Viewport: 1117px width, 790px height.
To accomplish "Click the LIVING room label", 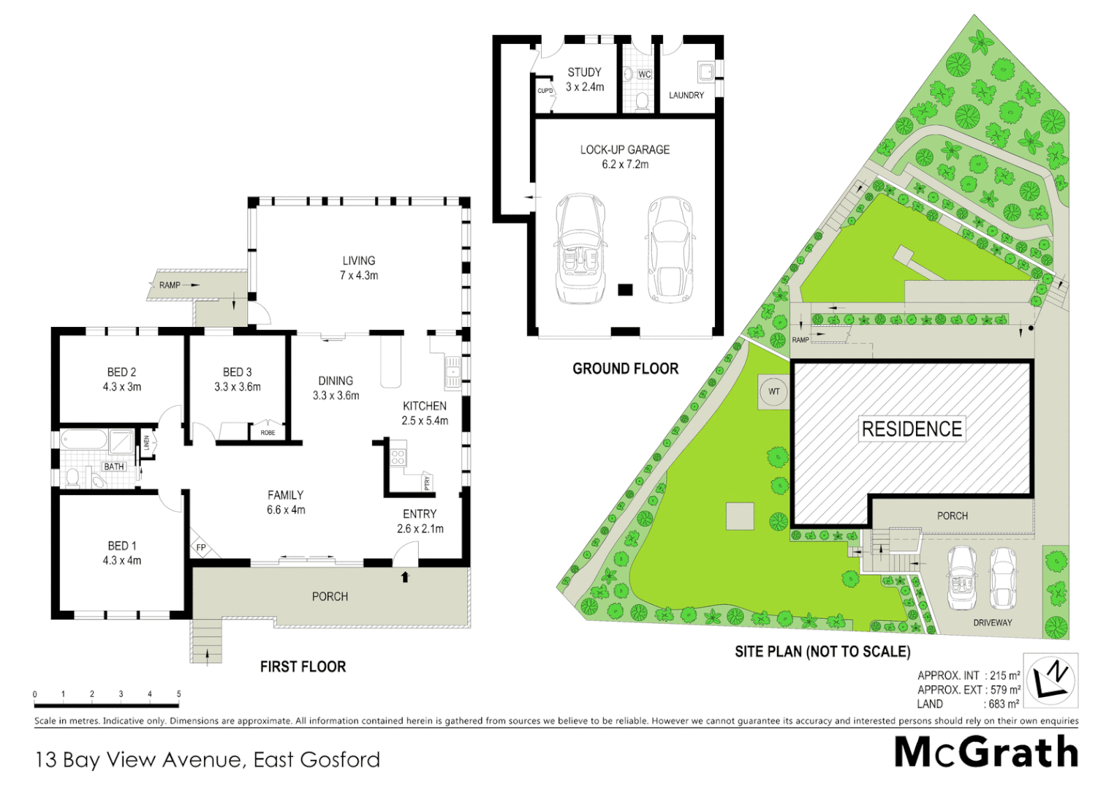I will (x=358, y=261).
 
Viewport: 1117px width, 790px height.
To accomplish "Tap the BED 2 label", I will (x=121, y=372).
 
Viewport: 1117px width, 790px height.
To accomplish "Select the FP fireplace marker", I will (x=201, y=547).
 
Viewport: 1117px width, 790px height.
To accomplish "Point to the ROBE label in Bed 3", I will (x=268, y=433).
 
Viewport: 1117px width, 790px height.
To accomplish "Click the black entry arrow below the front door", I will (x=405, y=577).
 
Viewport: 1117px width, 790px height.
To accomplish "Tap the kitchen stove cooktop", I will (x=398, y=458).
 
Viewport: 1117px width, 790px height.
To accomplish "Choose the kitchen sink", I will (x=453, y=372).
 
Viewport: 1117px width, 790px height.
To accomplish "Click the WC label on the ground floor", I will (x=644, y=75).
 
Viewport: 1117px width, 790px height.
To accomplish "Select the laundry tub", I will (x=705, y=72).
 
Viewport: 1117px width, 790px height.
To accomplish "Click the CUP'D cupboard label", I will (x=545, y=91).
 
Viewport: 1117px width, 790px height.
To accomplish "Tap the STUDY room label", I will (x=584, y=72).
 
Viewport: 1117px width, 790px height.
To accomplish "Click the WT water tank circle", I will (x=773, y=391).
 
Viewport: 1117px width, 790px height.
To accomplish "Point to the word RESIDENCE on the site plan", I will (x=912, y=429).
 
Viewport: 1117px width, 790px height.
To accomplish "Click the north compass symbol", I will (x=1050, y=680).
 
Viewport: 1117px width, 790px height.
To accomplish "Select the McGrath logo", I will (x=986, y=753).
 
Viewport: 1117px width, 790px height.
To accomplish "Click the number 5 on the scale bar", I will (x=178, y=694).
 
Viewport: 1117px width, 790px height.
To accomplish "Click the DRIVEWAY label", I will (x=992, y=622).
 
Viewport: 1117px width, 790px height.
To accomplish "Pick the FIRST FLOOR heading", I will (x=303, y=666).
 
